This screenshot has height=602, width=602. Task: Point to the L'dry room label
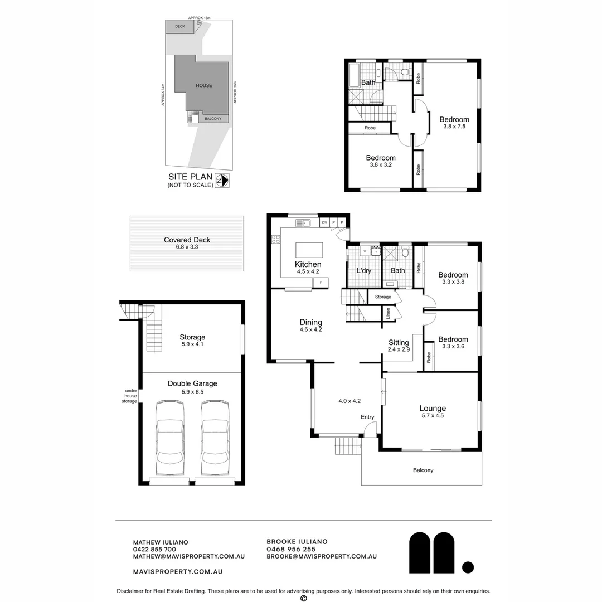[364, 271]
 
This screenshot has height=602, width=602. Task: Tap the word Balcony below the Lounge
[423, 470]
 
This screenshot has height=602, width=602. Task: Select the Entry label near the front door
[367, 417]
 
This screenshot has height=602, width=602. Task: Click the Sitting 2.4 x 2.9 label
[399, 346]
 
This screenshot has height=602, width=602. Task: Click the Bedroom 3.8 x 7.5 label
[454, 122]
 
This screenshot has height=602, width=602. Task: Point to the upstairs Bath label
[368, 82]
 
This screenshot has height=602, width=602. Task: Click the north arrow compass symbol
[222, 181]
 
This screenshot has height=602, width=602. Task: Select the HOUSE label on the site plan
[203, 85]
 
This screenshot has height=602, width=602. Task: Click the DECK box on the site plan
[179, 26]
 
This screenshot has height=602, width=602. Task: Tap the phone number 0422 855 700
[154, 549]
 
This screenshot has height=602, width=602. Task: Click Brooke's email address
[322, 556]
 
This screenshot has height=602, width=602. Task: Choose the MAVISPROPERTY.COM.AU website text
[178, 571]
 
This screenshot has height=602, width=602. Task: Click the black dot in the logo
[468, 567]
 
